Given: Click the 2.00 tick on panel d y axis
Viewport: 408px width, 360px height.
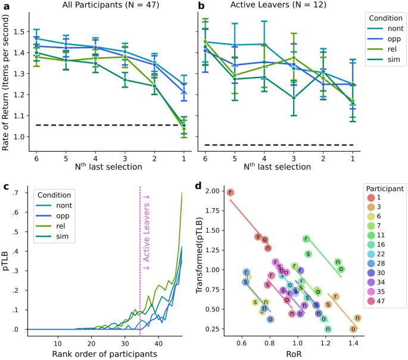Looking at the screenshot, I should (x=214, y=192).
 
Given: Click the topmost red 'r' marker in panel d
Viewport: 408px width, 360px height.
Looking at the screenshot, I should (x=231, y=192).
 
